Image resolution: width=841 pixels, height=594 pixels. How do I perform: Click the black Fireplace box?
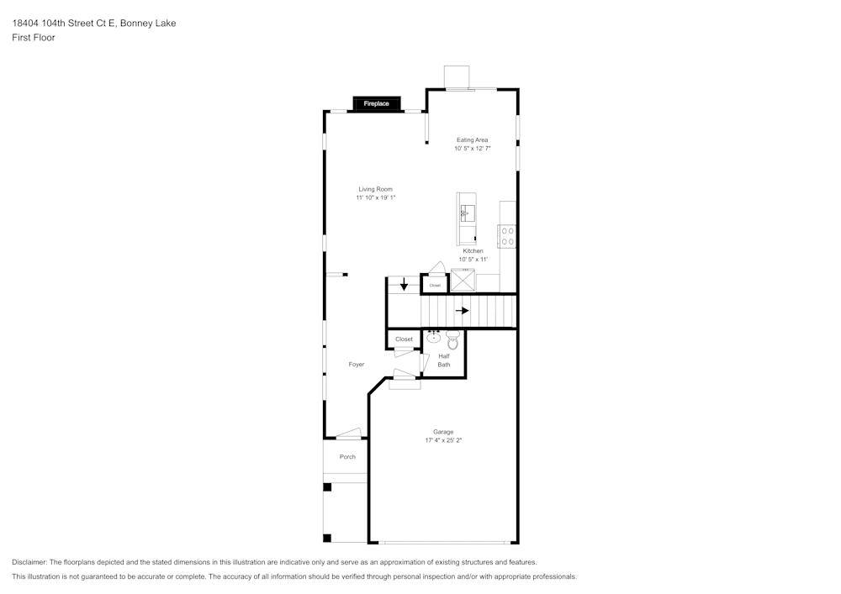[376, 103]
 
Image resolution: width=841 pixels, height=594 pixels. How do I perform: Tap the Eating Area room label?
[472, 139]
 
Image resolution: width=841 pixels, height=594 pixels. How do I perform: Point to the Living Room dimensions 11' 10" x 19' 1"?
[375, 197]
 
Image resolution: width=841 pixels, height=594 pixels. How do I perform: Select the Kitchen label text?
[473, 251]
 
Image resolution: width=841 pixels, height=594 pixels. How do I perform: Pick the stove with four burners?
[507, 236]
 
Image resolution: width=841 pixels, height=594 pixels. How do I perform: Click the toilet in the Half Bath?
[452, 341]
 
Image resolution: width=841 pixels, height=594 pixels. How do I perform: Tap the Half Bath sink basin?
[434, 339]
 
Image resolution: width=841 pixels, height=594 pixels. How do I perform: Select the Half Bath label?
[443, 360]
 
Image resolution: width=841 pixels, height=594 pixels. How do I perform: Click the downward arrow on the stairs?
[404, 284]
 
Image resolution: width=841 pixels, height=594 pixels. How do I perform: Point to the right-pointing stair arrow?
[462, 310]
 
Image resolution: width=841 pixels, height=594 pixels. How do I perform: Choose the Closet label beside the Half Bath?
[404, 339]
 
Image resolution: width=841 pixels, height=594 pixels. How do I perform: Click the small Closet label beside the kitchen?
[435, 286]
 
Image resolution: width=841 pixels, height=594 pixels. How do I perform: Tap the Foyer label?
[357, 364]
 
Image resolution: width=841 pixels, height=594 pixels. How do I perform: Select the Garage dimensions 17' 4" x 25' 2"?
[444, 440]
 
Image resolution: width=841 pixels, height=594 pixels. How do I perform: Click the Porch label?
[347, 457]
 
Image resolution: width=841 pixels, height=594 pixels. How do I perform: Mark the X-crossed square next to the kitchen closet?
[463, 281]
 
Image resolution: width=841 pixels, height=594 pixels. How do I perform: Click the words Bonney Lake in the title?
[148, 24]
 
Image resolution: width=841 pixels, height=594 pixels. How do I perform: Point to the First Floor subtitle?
[34, 38]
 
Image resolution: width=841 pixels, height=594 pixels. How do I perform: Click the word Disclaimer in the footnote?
[29, 562]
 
